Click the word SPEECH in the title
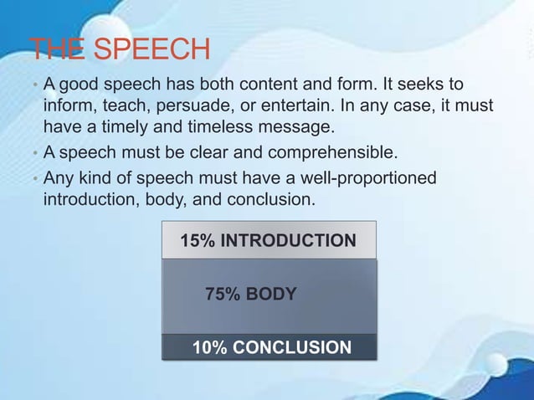pyautogui.click(x=152, y=50)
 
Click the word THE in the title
pyautogui.click(x=57, y=50)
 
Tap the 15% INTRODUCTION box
pyautogui.click(x=269, y=241)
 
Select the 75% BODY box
pyautogui.click(x=269, y=295)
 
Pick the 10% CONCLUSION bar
pyautogui.click(x=269, y=346)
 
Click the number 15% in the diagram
pyautogui.click(x=198, y=242)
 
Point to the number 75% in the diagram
pyautogui.click(x=223, y=294)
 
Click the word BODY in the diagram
pyautogui.click(x=270, y=294)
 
